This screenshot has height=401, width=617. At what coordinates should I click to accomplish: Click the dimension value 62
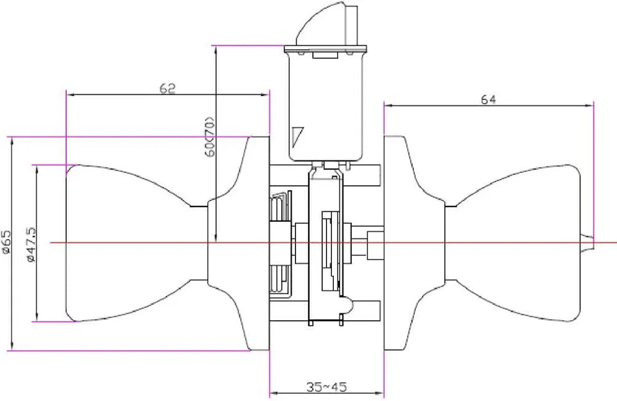pyautogui.click(x=167, y=89)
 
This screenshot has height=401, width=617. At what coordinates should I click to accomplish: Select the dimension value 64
pyautogui.click(x=489, y=99)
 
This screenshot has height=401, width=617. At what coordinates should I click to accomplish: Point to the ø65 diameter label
pyautogui.click(x=6, y=242)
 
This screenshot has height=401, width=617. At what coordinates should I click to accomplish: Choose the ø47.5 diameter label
pyautogui.click(x=31, y=244)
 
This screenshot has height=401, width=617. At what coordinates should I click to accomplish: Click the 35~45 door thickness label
pyautogui.click(x=326, y=387)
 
